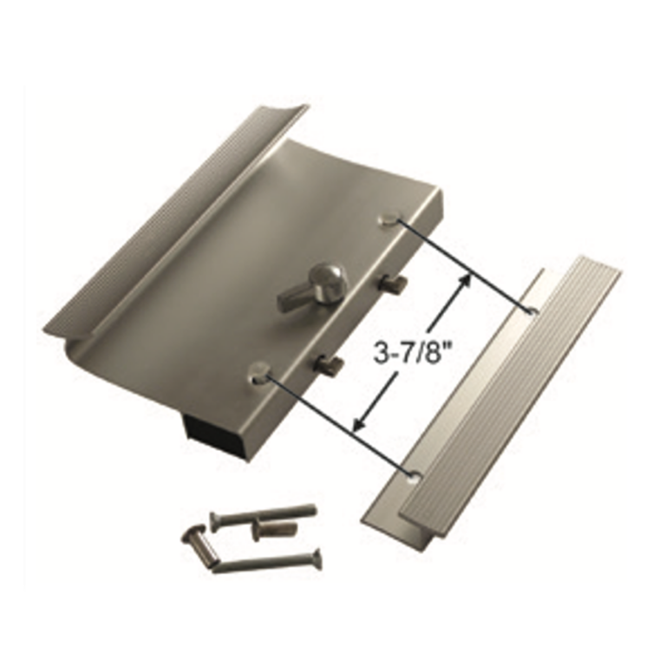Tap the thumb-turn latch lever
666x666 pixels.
(x=304, y=289)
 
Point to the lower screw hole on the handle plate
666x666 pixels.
(x=258, y=373)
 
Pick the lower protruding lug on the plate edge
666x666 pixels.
(x=330, y=366)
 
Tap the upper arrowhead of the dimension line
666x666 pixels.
(x=469, y=278)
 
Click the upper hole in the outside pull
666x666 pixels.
(x=532, y=310)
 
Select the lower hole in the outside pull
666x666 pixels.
(x=413, y=473)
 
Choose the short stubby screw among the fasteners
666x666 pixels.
(x=269, y=528)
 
